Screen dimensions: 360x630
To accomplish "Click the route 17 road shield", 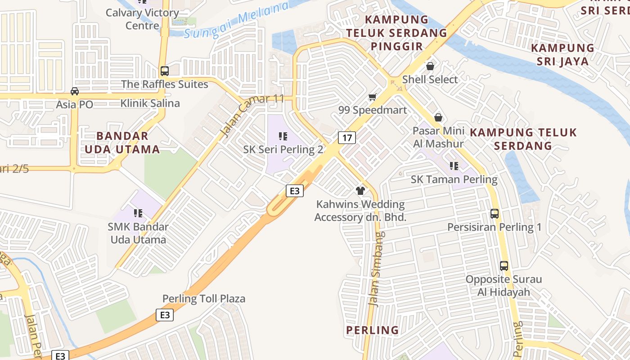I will (347, 137).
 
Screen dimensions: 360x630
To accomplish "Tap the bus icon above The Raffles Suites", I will (165, 71).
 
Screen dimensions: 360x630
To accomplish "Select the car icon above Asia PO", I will (75, 91).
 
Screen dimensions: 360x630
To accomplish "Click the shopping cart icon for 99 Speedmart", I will (372, 97).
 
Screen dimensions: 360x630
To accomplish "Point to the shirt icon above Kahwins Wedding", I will (360, 191).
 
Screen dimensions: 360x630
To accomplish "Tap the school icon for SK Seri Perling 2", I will (283, 136).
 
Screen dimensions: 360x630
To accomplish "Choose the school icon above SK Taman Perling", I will (454, 166).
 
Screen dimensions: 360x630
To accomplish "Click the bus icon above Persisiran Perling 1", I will (495, 214).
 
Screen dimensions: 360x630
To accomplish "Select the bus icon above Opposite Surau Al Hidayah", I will (504, 266).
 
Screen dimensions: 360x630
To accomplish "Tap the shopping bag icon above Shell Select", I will (430, 66).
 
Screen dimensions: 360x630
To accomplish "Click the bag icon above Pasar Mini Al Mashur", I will (438, 117).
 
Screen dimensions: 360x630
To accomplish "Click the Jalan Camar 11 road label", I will (252, 115).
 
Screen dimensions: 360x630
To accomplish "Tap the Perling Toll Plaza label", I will (204, 298).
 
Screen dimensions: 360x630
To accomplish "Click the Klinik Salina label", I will (150, 103).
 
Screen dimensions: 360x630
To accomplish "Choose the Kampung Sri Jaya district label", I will (562, 54).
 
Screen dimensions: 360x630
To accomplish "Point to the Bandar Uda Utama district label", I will (122, 142).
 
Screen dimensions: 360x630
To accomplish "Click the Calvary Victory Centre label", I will (142, 19).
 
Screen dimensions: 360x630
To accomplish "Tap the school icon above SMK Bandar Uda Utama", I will (138, 213).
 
